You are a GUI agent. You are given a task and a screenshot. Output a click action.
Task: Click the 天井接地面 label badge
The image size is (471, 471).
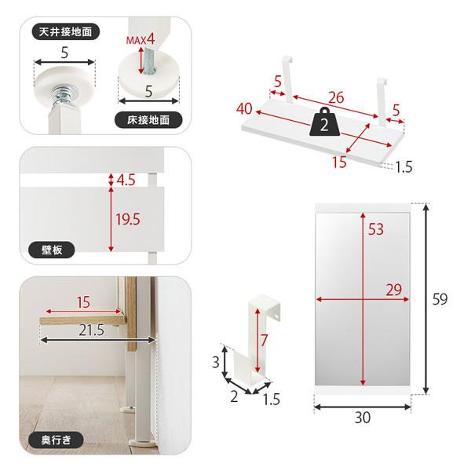pyautogui.click(x=65, y=31)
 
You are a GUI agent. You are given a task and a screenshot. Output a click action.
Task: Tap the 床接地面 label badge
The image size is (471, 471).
pyautogui.click(x=148, y=120)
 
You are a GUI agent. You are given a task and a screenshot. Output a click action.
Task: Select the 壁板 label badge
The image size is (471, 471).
pyautogui.click(x=51, y=250)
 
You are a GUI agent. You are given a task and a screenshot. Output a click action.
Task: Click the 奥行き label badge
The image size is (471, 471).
pyautogui.click(x=56, y=440)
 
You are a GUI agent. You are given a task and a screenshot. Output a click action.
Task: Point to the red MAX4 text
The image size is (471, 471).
pyautogui.click(x=141, y=39)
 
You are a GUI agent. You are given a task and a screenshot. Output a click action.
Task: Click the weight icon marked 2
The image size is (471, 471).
pyautogui.click(x=323, y=123)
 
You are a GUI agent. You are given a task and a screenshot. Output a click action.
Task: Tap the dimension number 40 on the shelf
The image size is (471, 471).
pyautogui.click(x=244, y=109)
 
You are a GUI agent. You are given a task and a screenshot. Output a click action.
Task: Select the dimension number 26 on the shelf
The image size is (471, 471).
pyautogui.click(x=336, y=97)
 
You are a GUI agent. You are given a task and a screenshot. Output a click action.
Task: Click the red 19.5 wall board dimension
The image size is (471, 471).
pyautogui.click(x=128, y=219)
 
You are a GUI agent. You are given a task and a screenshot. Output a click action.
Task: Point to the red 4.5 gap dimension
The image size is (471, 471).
pyautogui.click(x=126, y=180)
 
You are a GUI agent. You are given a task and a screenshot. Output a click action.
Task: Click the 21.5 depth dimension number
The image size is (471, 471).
pyautogui.click(x=92, y=330)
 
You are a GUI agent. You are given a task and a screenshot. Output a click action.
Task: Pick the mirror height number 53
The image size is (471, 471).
pyautogui.click(x=376, y=229)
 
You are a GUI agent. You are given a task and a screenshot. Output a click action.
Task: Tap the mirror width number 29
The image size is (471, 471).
pyautogui.click(x=394, y=290)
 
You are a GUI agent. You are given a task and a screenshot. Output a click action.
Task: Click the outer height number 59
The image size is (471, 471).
pyautogui.click(x=440, y=299)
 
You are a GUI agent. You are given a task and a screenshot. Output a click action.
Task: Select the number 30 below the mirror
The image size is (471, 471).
pyautogui.click(x=363, y=418)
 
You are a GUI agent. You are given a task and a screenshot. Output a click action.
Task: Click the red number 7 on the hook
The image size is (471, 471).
pyautogui.click(x=264, y=341)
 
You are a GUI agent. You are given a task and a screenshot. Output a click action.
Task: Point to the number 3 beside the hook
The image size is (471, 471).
pyautogui.click(x=216, y=362)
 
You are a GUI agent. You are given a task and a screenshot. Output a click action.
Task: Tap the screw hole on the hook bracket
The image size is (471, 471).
pyautogui.click(x=276, y=316)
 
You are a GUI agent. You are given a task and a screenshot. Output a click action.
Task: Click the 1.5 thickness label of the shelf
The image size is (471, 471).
pyautogui.click(x=403, y=167)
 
